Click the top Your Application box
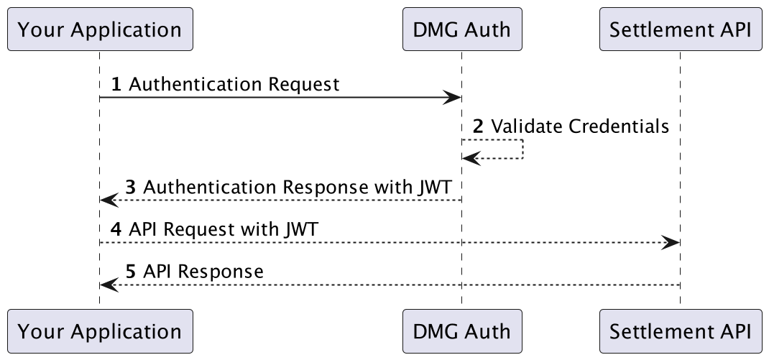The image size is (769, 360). (x=100, y=29)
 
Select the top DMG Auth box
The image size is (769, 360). (x=462, y=29)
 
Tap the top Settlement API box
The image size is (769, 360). (x=681, y=29)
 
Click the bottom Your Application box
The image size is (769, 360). (x=100, y=331)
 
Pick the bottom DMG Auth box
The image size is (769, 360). (x=462, y=331)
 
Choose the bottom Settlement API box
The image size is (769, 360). (x=681, y=331)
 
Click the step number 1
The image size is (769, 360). (x=116, y=84)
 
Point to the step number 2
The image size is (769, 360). (x=478, y=126)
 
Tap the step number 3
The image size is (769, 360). (x=131, y=188)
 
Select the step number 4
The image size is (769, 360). (x=116, y=229)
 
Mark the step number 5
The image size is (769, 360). (x=131, y=271)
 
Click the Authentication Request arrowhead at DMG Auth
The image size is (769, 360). (x=452, y=97)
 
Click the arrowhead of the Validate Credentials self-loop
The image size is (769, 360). (x=471, y=158)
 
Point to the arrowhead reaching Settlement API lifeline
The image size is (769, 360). (x=671, y=242)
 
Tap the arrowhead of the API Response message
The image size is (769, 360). (x=109, y=285)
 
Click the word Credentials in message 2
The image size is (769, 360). (x=619, y=126)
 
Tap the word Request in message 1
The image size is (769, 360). (x=303, y=85)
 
